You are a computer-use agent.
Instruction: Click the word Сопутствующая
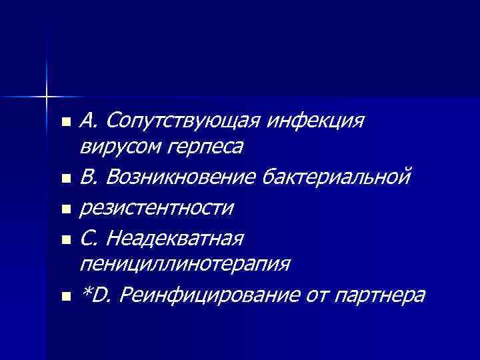point(182,121)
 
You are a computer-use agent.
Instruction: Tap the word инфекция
point(315,121)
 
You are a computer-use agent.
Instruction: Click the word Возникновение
point(181,177)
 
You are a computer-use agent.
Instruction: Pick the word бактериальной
point(338,177)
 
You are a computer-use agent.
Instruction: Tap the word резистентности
point(157,208)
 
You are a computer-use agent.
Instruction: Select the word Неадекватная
point(174,237)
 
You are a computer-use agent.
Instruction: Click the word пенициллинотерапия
point(185,264)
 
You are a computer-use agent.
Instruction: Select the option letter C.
point(88,237)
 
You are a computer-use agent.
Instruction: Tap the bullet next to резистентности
point(65,209)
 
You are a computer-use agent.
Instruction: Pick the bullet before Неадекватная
point(65,238)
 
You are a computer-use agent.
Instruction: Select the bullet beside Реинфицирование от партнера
point(65,295)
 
